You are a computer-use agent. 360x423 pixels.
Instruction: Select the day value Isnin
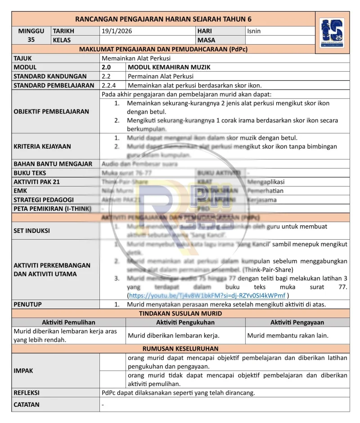point(254,31)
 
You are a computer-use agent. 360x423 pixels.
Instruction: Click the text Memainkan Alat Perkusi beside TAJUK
point(136,58)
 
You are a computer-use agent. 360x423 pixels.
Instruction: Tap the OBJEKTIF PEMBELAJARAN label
point(51,111)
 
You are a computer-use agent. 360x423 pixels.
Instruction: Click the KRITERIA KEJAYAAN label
point(42,146)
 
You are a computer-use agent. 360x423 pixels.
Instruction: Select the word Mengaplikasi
point(265,182)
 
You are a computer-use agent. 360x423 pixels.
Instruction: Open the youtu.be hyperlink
point(207,296)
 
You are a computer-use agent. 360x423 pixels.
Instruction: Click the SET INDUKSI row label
point(31,231)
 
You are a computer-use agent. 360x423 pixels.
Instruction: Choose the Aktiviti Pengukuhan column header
point(185,323)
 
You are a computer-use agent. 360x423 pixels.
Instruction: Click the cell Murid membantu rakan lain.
point(288,335)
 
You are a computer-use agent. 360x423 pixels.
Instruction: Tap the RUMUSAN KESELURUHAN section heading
point(180,349)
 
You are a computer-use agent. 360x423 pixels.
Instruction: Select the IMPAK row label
point(23,371)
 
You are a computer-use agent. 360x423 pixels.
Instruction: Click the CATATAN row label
point(27,405)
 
